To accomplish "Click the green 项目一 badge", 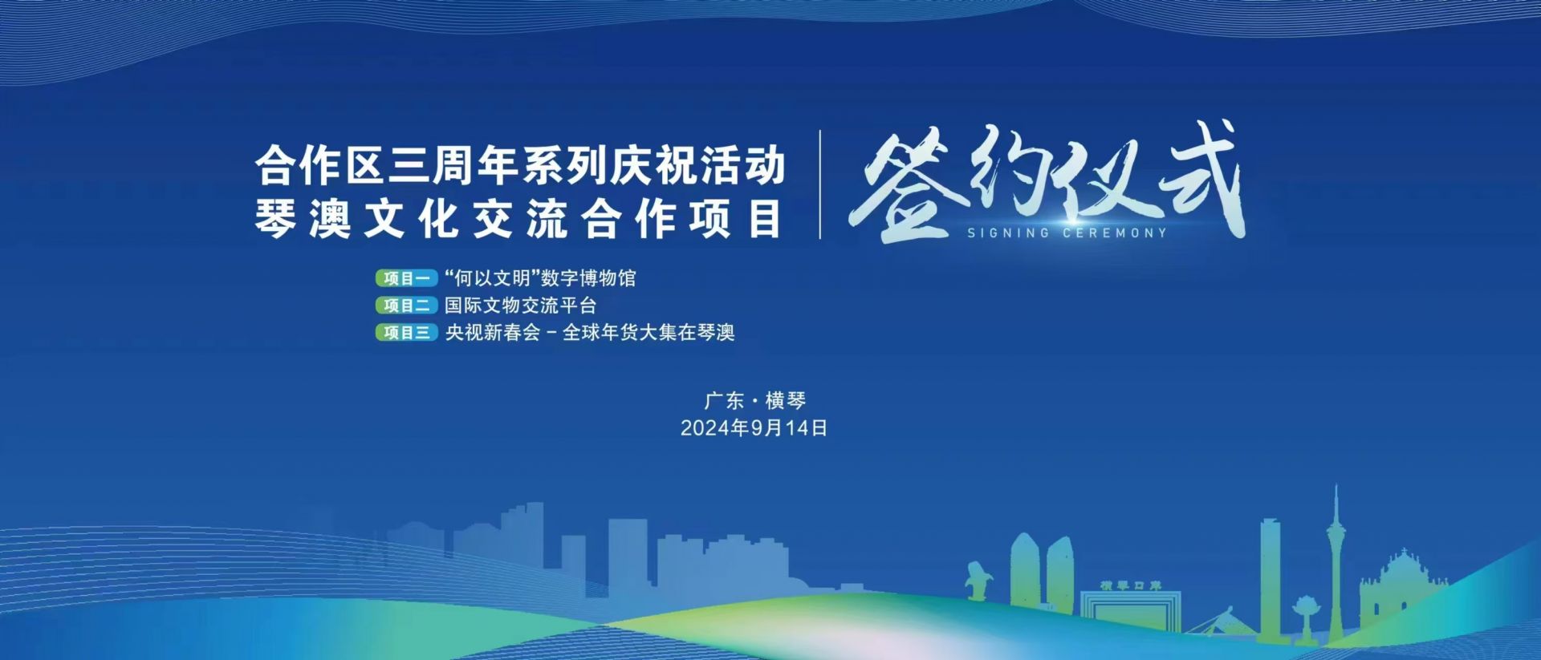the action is (406, 278).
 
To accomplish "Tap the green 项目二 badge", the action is (406, 306).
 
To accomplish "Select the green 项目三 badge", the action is (406, 333).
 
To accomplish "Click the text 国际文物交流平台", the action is (521, 306).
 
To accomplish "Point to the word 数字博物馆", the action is (588, 278).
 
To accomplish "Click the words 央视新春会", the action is (493, 332).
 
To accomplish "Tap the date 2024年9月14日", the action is (754, 428).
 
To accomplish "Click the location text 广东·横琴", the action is (754, 400).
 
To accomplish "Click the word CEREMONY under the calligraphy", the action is (1115, 233).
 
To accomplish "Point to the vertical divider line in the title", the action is (819, 184).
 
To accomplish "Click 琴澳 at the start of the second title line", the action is (303, 218).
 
